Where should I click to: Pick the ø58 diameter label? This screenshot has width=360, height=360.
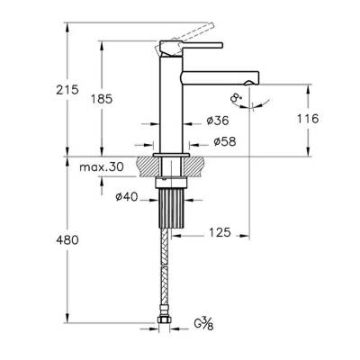tap(222, 141)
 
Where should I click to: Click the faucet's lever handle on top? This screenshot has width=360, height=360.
tap(198, 40)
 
